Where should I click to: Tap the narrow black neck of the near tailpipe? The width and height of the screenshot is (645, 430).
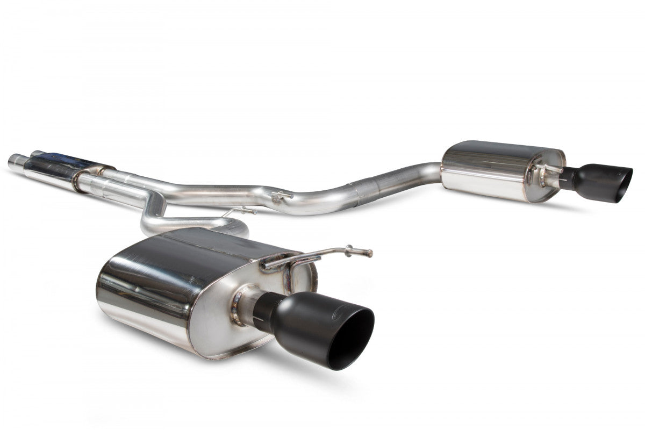click(x=263, y=312)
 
